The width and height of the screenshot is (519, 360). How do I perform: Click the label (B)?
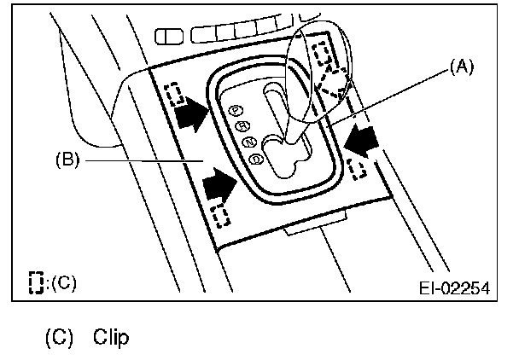67,159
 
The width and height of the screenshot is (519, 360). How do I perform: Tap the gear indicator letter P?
236,110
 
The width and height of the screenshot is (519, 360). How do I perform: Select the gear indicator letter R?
242,125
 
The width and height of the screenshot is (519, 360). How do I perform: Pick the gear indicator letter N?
248,142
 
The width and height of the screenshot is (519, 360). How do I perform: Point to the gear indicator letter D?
254,158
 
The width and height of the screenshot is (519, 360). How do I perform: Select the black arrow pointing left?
362,138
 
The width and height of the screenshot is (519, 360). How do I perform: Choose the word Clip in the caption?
112,340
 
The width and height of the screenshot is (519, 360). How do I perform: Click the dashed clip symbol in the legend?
35,282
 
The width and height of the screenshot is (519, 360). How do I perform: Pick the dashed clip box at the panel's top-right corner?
324,53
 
